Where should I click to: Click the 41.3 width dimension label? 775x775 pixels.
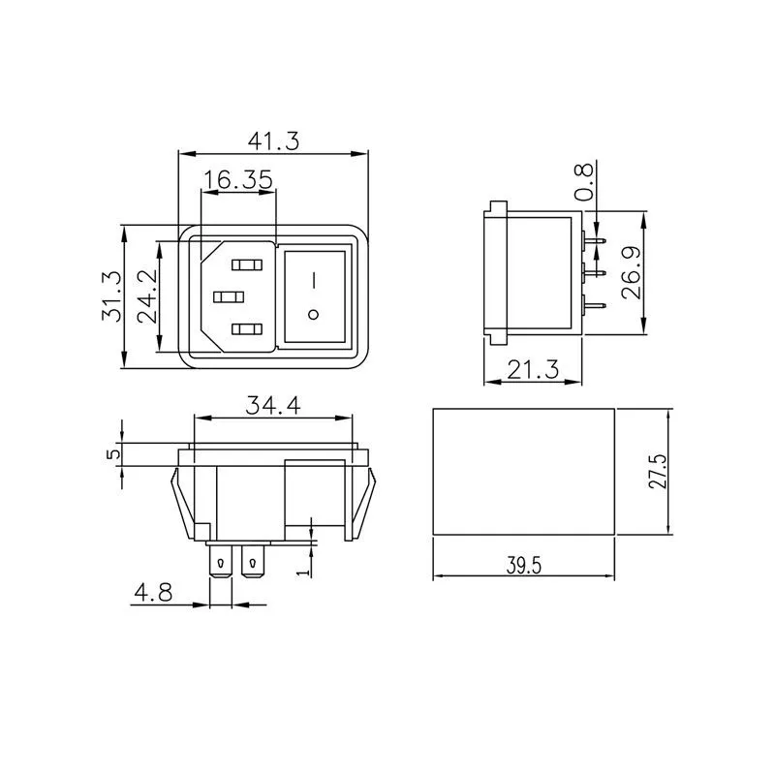[273, 141]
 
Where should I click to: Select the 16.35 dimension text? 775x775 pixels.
[238, 179]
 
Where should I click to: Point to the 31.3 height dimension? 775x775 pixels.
[111, 296]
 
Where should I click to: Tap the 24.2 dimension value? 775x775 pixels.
[147, 296]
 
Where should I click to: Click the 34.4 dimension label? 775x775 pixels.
[273, 406]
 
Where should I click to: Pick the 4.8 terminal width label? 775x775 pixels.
[153, 592]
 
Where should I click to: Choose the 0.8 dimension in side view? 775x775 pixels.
[583, 182]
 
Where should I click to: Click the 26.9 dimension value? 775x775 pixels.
[632, 273]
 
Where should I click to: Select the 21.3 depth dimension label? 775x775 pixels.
[533, 370]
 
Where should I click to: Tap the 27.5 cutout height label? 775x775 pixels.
[658, 472]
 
